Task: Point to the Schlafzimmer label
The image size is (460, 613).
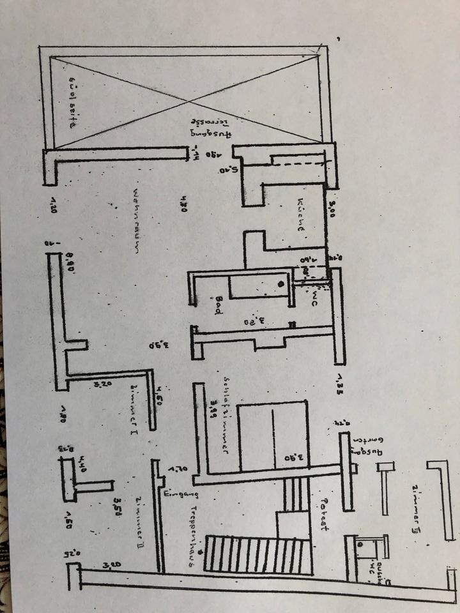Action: point(226,412)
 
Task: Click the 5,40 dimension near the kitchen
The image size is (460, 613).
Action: point(227,170)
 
